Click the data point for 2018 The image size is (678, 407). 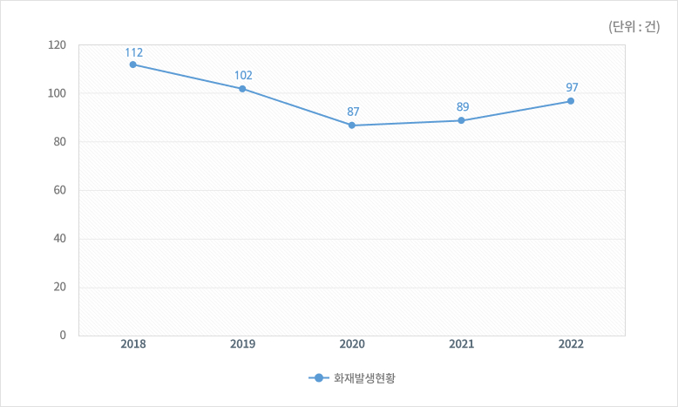(132, 64)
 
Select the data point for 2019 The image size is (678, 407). (242, 89)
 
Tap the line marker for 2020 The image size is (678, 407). (352, 125)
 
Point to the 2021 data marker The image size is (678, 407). (461, 120)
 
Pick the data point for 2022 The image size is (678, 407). (571, 101)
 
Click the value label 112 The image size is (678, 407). (133, 52)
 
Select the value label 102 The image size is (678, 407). (243, 76)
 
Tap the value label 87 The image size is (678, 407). (353, 112)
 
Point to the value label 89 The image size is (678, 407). (462, 107)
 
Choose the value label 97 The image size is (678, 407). (572, 88)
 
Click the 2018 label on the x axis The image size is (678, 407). (133, 344)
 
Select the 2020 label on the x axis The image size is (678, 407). (352, 344)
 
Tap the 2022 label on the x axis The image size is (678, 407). (571, 344)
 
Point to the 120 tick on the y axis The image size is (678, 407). (58, 44)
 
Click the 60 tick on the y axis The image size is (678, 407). (61, 190)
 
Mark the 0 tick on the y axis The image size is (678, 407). (64, 335)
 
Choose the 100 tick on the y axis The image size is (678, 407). (58, 93)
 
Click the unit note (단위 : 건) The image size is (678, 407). (634, 26)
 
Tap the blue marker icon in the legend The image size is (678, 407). (318, 378)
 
